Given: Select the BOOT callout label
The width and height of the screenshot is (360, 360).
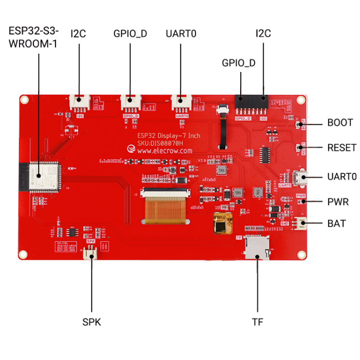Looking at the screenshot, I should (x=340, y=123).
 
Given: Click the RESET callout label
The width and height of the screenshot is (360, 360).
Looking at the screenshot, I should (x=341, y=148).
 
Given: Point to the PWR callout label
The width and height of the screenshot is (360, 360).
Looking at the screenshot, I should (x=337, y=201).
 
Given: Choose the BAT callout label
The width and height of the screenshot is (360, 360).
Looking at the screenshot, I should (x=336, y=224).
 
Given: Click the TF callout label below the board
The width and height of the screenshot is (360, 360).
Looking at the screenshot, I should (x=257, y=322).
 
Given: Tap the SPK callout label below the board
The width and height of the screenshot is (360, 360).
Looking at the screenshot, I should (x=92, y=322).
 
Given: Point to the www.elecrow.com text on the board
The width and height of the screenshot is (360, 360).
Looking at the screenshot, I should (x=165, y=151).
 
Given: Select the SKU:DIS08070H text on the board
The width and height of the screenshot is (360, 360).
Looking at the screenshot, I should (x=167, y=143).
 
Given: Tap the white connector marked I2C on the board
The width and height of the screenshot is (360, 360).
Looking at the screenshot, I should (x=80, y=102).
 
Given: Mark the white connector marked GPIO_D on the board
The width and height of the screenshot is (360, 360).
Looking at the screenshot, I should (x=131, y=102).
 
